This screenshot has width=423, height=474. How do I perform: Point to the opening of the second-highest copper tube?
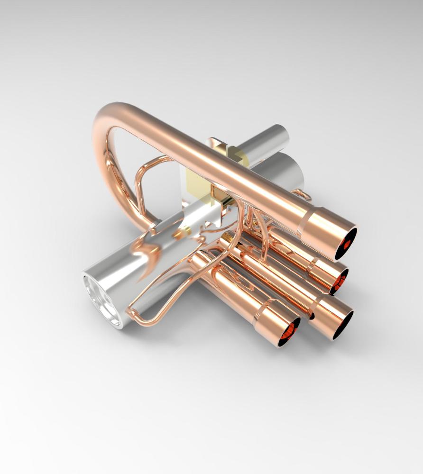[x=339, y=281]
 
